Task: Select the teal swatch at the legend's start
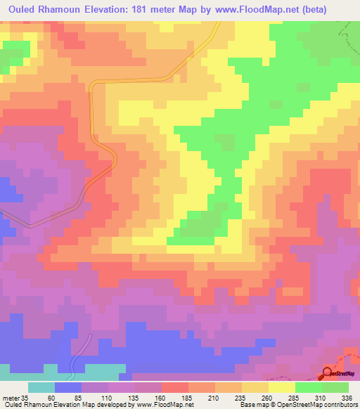[x=41, y=387]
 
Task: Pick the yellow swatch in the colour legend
[x=282, y=387]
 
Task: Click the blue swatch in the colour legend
[x=68, y=387]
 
